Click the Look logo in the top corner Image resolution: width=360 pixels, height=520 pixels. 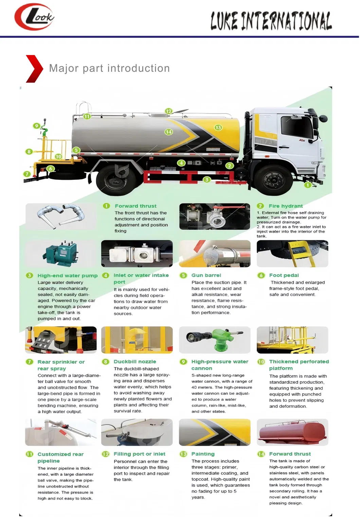click(x=34, y=17)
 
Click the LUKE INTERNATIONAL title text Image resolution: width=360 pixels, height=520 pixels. click(x=271, y=21)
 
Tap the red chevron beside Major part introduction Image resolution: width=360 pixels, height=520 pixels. click(x=34, y=69)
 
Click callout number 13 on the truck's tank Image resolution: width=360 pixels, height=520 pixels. click(x=218, y=127)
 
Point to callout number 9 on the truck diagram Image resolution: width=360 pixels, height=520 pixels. click(x=37, y=126)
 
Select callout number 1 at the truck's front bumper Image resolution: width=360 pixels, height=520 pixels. click(x=307, y=185)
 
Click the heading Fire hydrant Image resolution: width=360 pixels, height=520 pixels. click(x=285, y=206)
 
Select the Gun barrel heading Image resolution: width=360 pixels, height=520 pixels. click(x=206, y=275)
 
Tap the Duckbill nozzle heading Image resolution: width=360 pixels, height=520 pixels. click(x=135, y=362)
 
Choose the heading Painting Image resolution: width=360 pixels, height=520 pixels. click(x=203, y=454)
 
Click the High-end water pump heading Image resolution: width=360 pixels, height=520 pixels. click(x=67, y=276)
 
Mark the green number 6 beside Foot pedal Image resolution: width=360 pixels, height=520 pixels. click(x=261, y=275)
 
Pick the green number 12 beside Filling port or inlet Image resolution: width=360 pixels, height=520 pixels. click(x=106, y=454)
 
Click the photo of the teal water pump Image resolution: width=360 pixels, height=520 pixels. click(x=61, y=254)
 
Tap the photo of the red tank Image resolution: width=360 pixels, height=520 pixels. click(x=292, y=432)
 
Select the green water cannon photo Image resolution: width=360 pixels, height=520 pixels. click(x=215, y=340)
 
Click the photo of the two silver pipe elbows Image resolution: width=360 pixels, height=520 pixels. click(x=61, y=216)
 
